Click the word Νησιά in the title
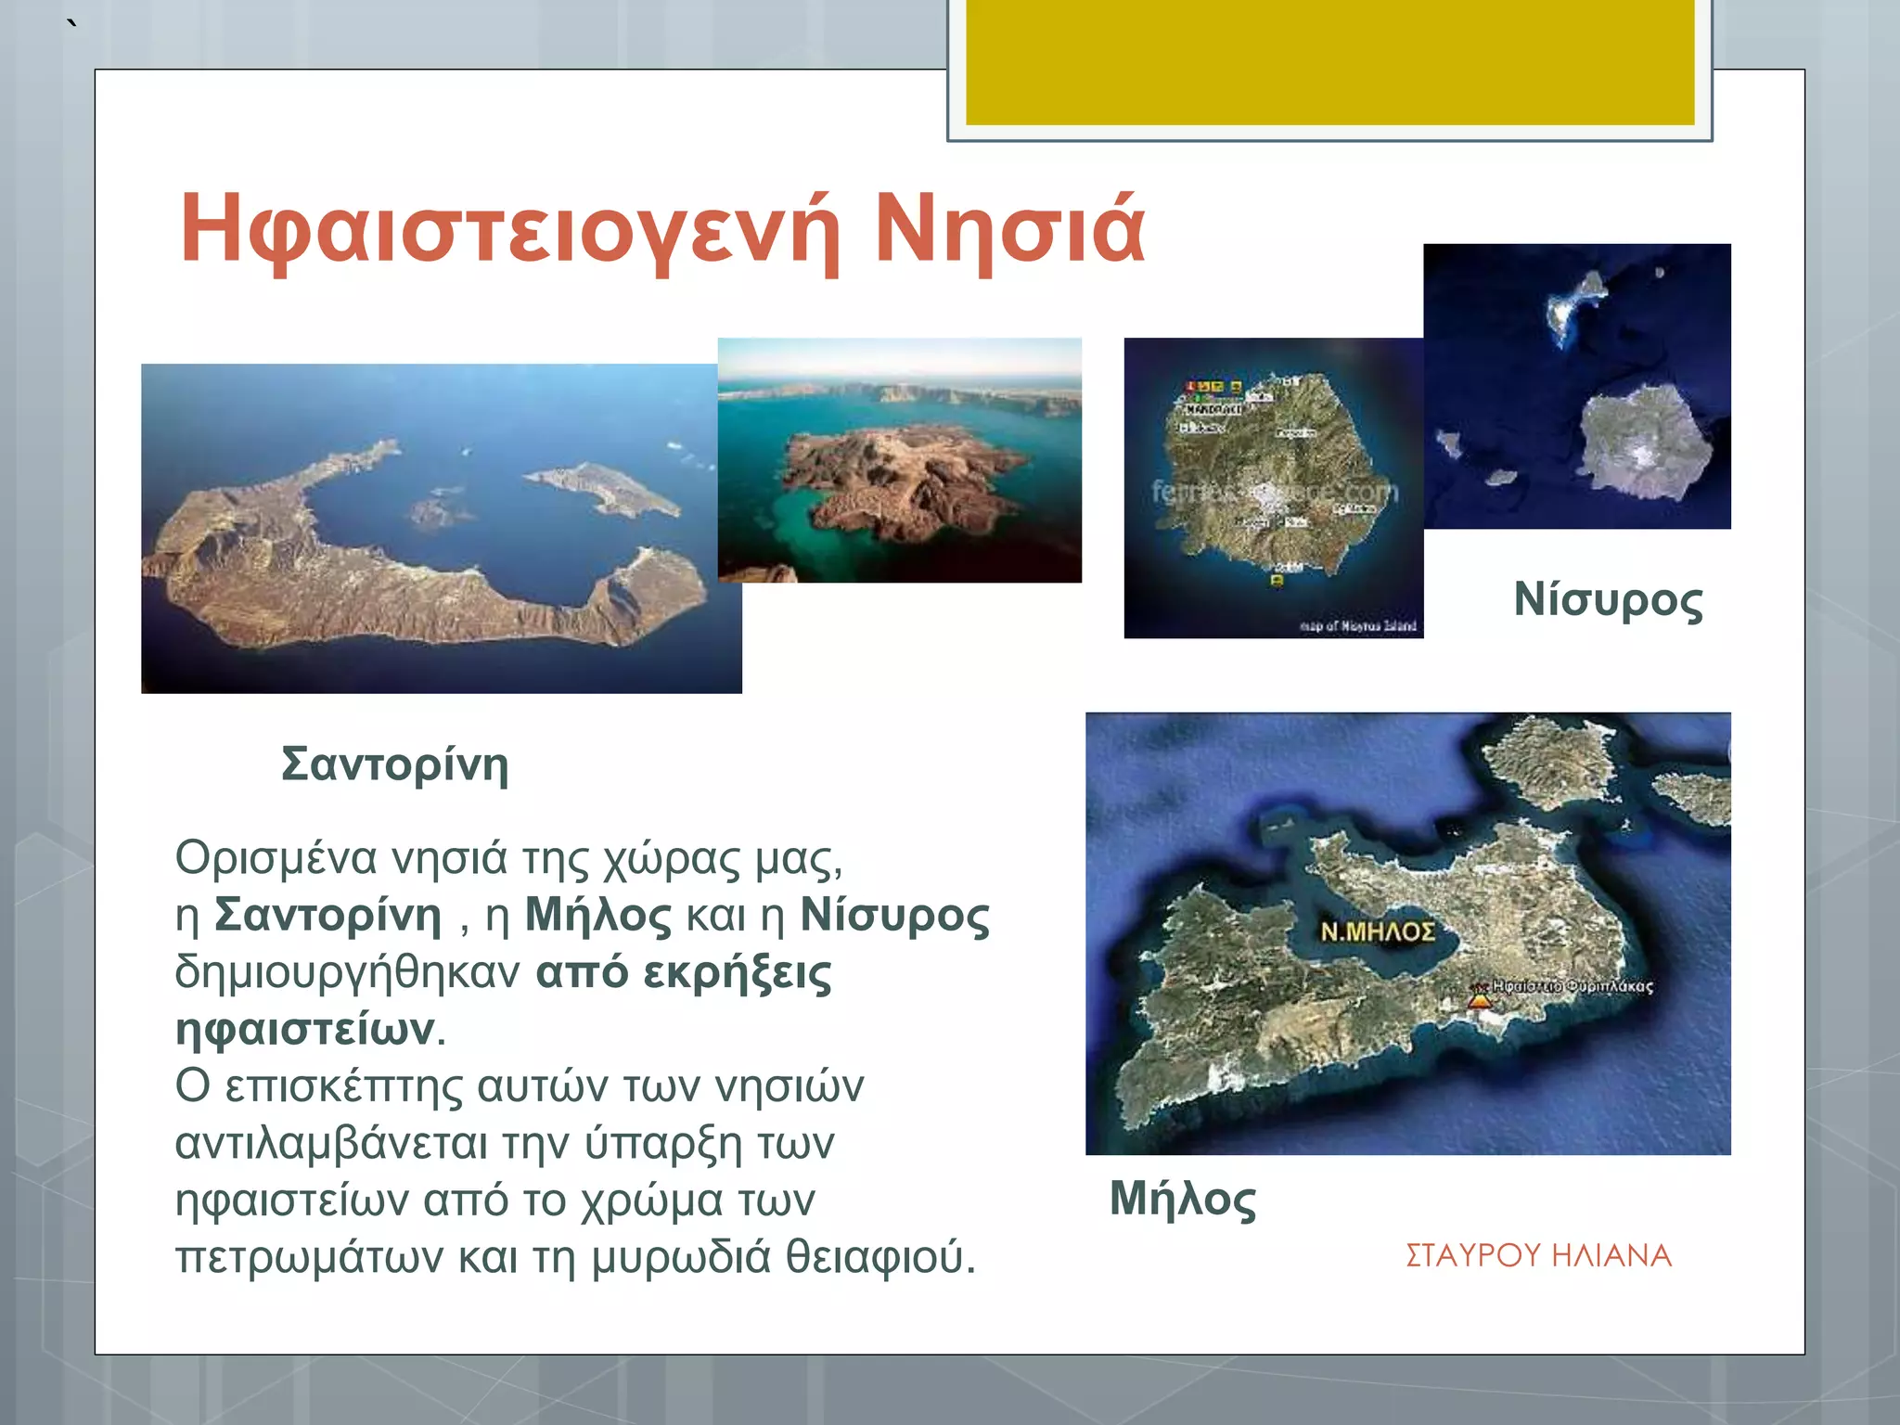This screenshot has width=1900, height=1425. [1009, 229]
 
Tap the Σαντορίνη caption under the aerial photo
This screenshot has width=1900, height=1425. [395, 764]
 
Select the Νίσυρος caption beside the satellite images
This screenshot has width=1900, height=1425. [1608, 599]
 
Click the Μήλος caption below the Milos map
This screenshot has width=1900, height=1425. [1183, 1198]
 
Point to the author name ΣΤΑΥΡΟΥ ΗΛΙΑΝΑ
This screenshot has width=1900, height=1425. [1538, 1255]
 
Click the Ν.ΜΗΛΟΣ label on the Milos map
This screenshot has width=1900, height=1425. [1377, 931]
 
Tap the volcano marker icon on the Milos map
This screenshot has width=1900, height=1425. [1480, 998]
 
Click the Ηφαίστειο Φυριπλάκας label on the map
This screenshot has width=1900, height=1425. [1572, 985]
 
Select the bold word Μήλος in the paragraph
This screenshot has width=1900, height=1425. [597, 916]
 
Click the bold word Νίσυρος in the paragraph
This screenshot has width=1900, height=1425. [894, 916]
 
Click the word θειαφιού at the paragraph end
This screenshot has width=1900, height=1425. [879, 1257]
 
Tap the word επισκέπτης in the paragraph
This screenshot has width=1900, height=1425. [343, 1086]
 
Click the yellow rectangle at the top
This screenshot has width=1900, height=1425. [1329, 61]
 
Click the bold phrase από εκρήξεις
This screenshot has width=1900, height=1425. [684, 972]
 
